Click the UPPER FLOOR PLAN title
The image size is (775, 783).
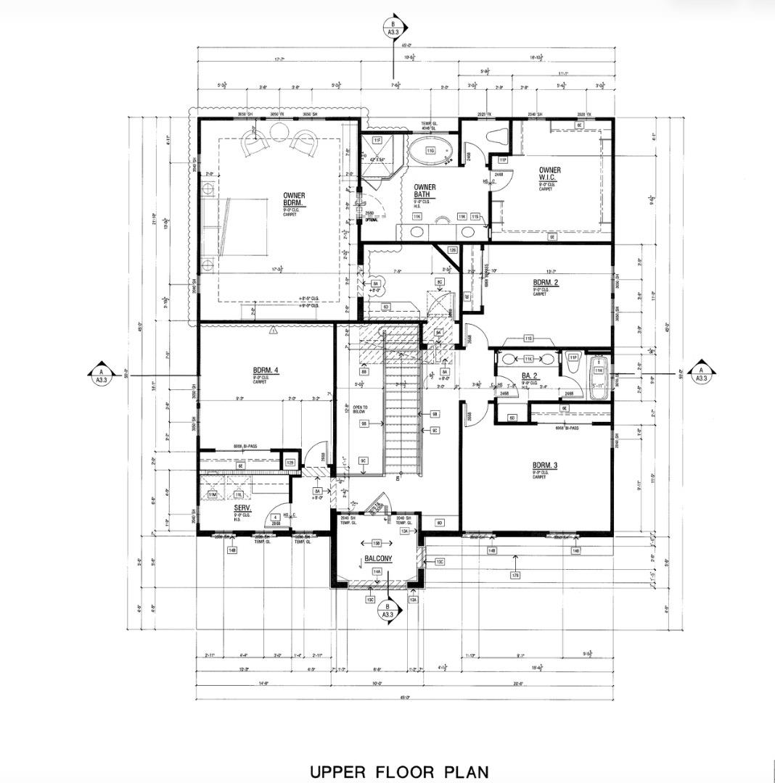tap(399, 771)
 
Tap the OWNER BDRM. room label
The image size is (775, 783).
tap(294, 199)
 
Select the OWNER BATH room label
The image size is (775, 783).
tap(425, 191)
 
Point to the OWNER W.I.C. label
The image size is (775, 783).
tap(549, 174)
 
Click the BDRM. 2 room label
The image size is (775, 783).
tap(545, 283)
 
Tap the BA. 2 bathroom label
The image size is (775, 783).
tap(529, 376)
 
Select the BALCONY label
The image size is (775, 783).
tap(378, 558)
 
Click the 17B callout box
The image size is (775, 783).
tap(515, 576)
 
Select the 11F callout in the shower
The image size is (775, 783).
tap(377, 139)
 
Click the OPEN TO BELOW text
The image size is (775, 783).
tap(361, 410)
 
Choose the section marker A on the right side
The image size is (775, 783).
tap(702, 374)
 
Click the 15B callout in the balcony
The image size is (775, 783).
tap(377, 543)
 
